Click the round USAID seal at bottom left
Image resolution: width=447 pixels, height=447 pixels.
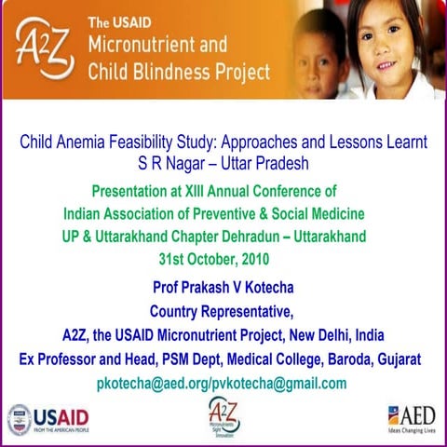(19, 419)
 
